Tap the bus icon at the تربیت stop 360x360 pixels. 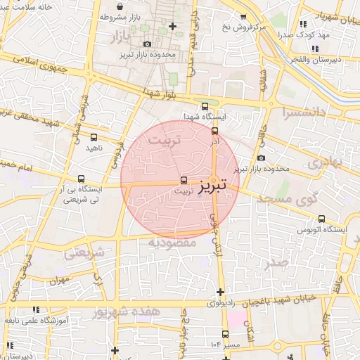[x=184, y=179]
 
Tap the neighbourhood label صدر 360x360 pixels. [x=277, y=263]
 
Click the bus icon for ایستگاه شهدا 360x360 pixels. [x=205, y=106]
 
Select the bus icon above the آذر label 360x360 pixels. [x=214, y=130]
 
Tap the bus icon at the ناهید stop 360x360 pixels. [x=94, y=137]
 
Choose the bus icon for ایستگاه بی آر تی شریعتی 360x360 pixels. [x=82, y=179]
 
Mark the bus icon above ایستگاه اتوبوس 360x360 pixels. [x=322, y=219]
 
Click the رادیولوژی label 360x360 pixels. [x=224, y=304]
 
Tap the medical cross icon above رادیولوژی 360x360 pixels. [x=221, y=292]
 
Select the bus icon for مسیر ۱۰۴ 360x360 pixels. [x=225, y=334]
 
